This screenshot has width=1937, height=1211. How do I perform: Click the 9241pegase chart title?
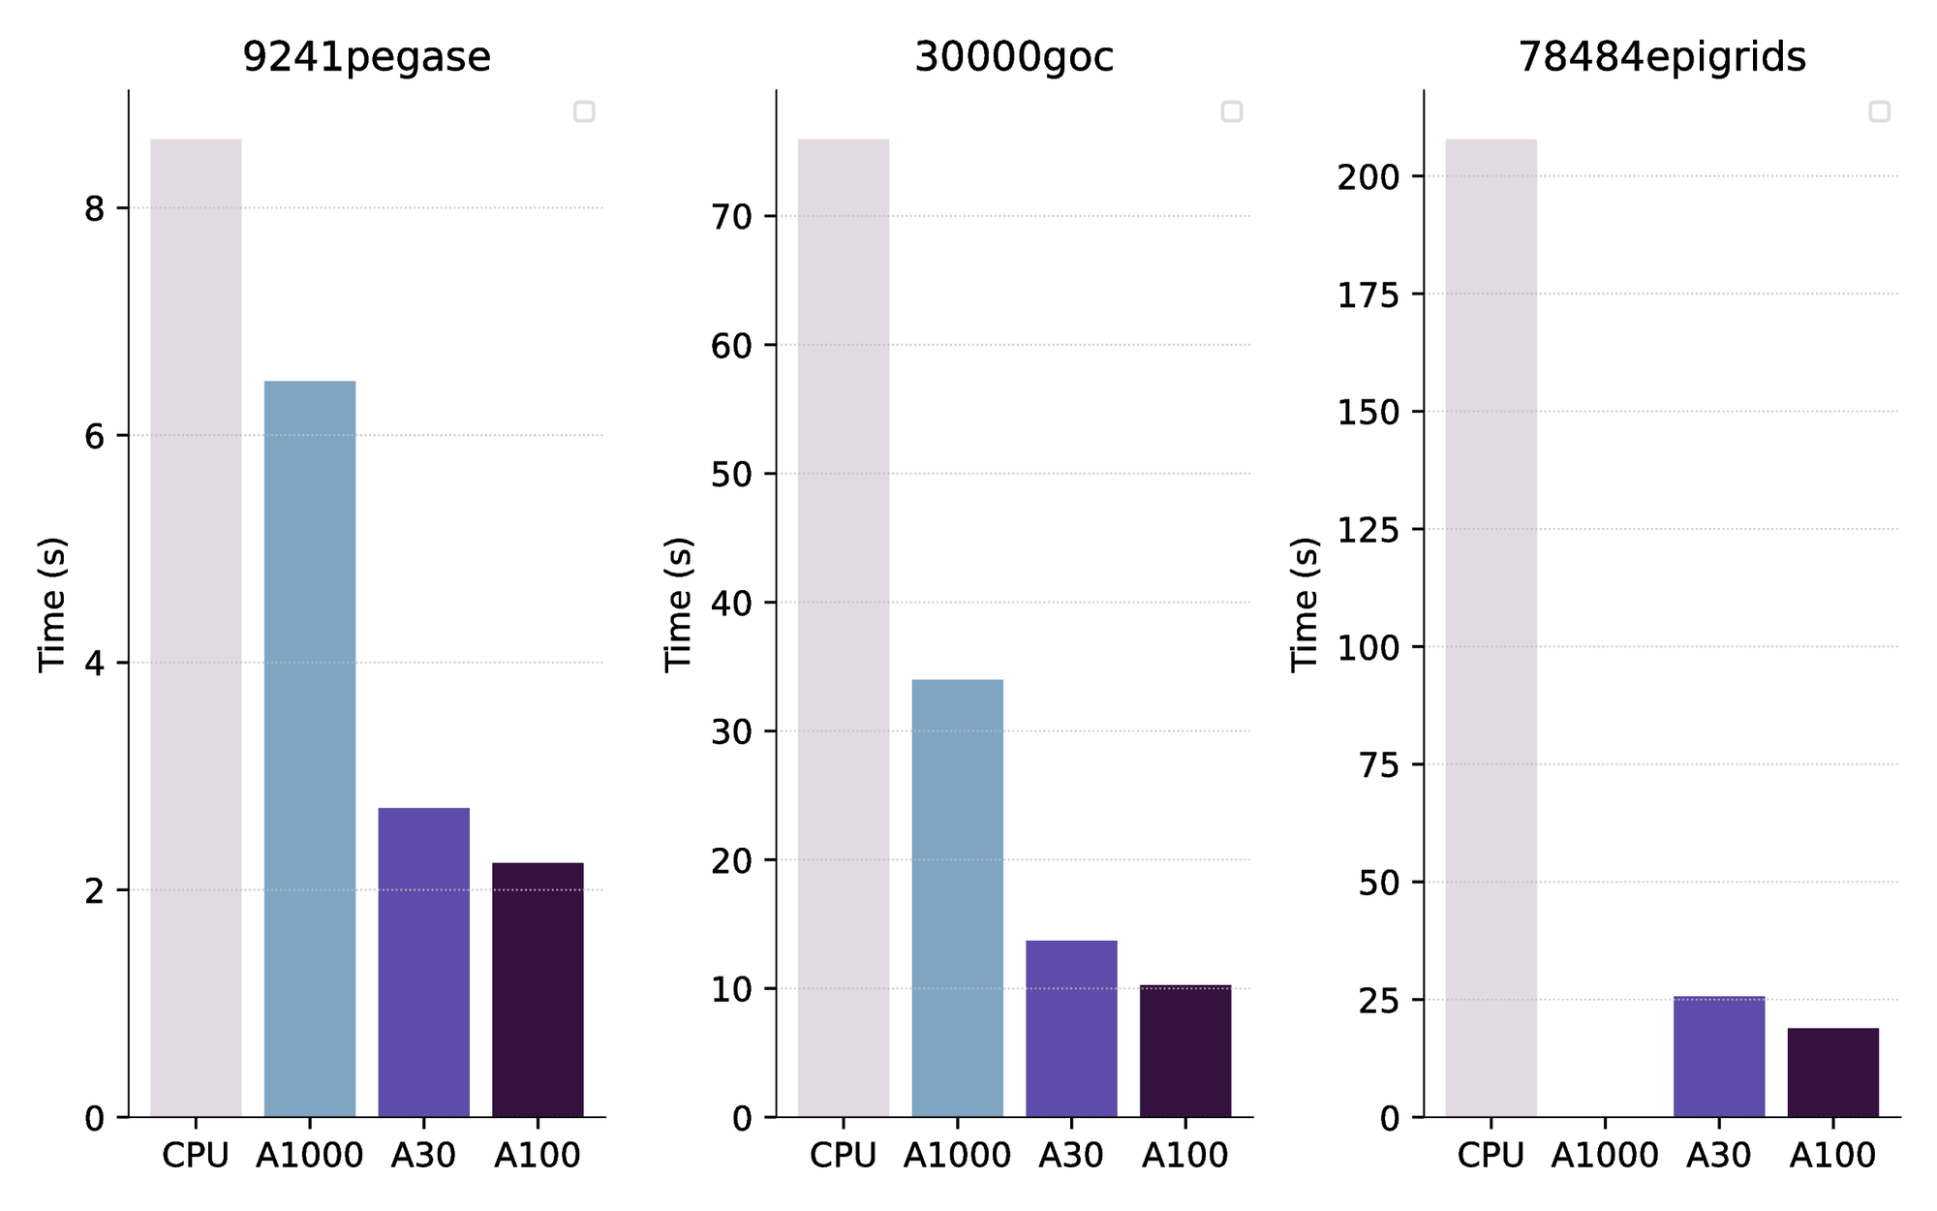tap(366, 57)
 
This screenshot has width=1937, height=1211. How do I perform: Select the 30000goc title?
tap(1014, 57)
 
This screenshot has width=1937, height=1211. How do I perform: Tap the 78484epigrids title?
tap(1661, 57)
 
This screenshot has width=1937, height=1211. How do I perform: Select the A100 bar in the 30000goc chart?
tap(1185, 1051)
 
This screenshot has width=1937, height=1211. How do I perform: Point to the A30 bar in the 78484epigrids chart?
tap(1719, 1056)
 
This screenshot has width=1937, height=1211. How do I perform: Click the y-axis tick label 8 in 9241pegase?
tap(94, 209)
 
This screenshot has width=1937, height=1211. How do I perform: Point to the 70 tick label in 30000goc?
tap(731, 217)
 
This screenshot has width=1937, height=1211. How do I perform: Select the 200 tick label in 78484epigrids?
tap(1368, 177)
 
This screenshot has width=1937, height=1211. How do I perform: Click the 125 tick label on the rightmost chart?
tap(1368, 530)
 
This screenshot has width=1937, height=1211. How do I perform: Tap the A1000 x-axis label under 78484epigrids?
tap(1605, 1155)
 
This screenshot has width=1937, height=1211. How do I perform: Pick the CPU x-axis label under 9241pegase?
tap(196, 1155)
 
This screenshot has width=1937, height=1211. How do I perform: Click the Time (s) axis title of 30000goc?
tap(678, 604)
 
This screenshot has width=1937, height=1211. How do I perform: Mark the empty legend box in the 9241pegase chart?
tap(584, 111)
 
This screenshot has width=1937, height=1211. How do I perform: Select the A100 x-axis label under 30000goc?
tap(1184, 1155)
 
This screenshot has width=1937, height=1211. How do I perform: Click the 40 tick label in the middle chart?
tap(731, 604)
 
